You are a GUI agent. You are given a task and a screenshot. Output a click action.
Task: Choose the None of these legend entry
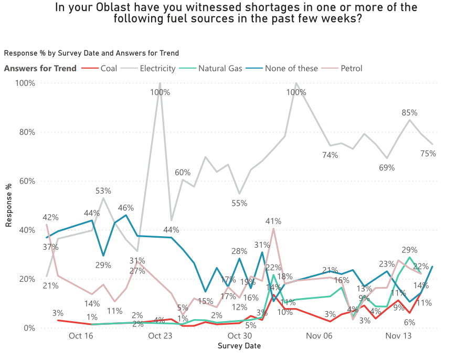click(291, 68)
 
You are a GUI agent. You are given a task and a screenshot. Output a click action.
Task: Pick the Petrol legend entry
click(351, 68)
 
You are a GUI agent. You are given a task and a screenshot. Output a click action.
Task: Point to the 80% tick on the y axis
click(26, 132)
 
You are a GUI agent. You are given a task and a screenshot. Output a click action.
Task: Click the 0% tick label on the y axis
click(28, 328)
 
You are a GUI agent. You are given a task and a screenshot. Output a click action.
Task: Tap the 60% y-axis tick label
click(26, 181)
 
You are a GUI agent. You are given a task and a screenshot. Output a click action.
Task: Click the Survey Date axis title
click(239, 346)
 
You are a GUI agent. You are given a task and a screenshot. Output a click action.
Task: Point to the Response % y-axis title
click(9, 205)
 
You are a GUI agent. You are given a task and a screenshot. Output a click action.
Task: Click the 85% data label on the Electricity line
click(409, 112)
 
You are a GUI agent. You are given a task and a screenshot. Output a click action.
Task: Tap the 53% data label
click(103, 190)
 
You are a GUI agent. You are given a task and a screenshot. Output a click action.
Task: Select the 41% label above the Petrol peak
click(273, 221)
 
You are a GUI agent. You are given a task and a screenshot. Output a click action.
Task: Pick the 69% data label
click(387, 168)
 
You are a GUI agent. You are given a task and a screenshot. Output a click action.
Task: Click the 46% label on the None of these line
click(126, 207)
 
